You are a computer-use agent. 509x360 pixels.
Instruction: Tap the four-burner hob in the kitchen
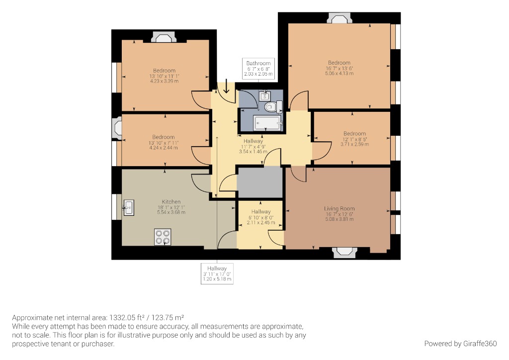[163, 237]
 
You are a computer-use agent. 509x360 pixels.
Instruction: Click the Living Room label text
[339, 209]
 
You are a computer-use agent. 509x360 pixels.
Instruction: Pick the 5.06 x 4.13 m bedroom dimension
[339, 74]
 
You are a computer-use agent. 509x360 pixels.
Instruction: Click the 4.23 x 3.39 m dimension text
[164, 81]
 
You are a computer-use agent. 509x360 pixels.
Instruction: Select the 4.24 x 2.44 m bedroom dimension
[164, 148]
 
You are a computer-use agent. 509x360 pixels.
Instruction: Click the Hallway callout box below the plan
[217, 274]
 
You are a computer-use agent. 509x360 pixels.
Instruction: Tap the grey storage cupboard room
[259, 182]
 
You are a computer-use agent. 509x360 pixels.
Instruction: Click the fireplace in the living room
[344, 252]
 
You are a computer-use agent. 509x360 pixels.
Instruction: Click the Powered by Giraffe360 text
[460, 343]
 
